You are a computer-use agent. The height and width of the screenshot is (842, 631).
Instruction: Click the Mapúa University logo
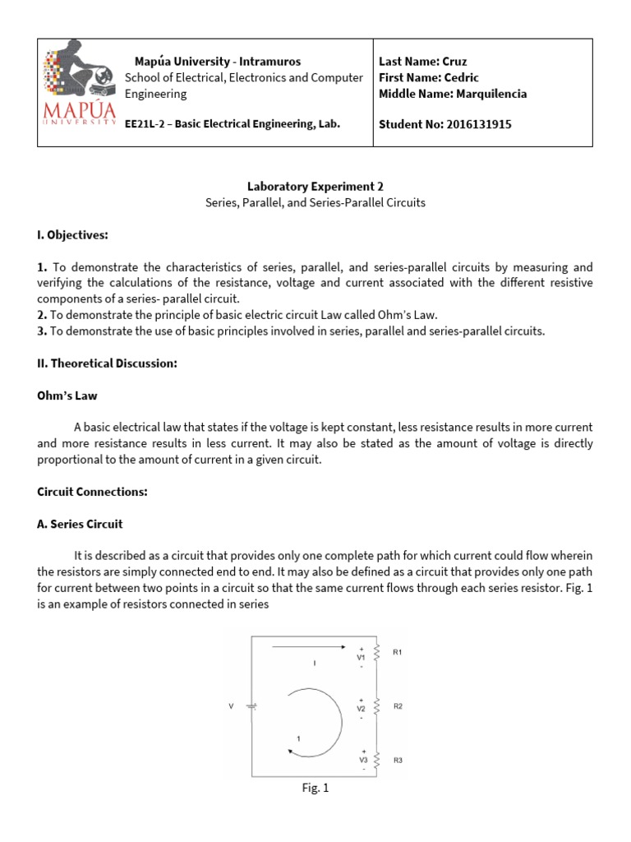80,91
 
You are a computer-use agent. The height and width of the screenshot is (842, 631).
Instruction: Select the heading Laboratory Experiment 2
315,186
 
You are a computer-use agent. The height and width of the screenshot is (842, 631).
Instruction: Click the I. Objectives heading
73,235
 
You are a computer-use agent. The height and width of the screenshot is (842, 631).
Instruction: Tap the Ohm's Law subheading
67,396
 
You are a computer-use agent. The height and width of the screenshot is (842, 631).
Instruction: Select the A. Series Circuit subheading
80,524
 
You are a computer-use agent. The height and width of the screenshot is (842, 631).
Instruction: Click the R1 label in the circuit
398,652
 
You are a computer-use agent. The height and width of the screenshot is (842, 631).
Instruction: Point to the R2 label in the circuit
398,706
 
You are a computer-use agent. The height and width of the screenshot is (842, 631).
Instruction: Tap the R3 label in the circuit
398,761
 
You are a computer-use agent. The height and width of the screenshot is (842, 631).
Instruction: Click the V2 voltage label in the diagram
362,708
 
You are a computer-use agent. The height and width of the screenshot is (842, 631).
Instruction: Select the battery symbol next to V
251,706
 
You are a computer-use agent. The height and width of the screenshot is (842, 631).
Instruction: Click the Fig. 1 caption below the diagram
315,789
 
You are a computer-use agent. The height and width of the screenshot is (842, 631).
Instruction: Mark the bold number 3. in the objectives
44,331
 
